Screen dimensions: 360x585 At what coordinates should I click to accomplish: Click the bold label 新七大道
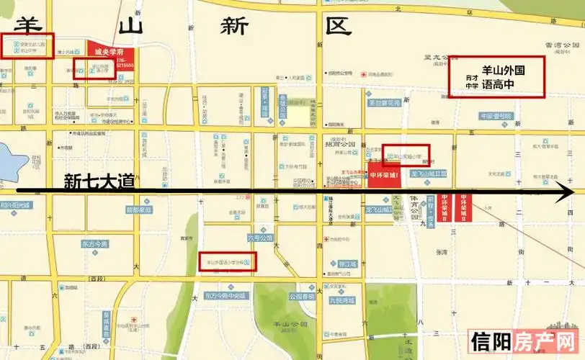(99, 181)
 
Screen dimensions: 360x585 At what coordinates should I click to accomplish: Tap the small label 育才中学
(472, 81)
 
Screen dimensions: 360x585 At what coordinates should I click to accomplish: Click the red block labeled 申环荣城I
(383, 176)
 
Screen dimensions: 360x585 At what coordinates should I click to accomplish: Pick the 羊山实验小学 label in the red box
(406, 155)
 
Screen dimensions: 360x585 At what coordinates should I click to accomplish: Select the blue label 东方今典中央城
(225, 295)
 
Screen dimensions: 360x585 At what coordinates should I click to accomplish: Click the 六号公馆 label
(261, 237)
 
